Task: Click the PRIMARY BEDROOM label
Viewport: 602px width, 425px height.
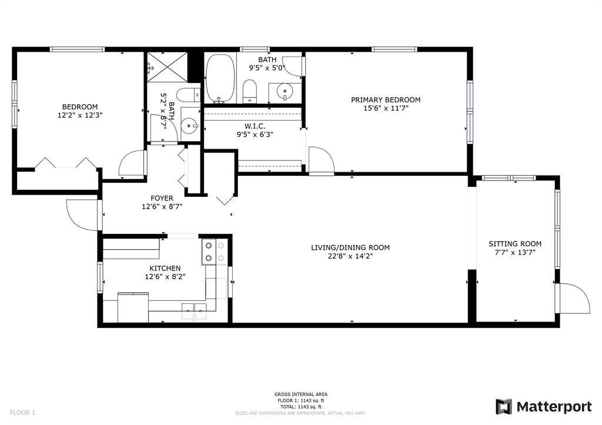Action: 386,100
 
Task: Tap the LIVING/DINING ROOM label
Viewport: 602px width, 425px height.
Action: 350,247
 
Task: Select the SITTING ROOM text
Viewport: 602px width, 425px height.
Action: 515,244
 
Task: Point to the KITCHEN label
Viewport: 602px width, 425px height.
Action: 165,269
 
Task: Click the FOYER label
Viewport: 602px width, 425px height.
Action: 162,198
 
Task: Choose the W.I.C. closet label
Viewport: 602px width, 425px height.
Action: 255,126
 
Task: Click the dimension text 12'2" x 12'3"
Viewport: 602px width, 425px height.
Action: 80,115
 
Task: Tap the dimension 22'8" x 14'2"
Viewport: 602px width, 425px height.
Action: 350,256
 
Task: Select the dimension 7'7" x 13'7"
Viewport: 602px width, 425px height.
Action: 515,252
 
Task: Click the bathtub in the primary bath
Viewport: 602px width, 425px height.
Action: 220,78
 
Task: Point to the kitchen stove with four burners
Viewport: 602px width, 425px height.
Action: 215,252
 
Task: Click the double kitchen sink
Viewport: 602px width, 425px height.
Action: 194,309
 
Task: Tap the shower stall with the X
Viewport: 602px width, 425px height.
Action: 168,67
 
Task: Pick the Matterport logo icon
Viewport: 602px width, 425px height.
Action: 504,407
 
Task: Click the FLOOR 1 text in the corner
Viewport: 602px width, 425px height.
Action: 22,413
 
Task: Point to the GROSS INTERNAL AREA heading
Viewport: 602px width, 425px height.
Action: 300,394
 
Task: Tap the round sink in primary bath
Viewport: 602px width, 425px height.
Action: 285,92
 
